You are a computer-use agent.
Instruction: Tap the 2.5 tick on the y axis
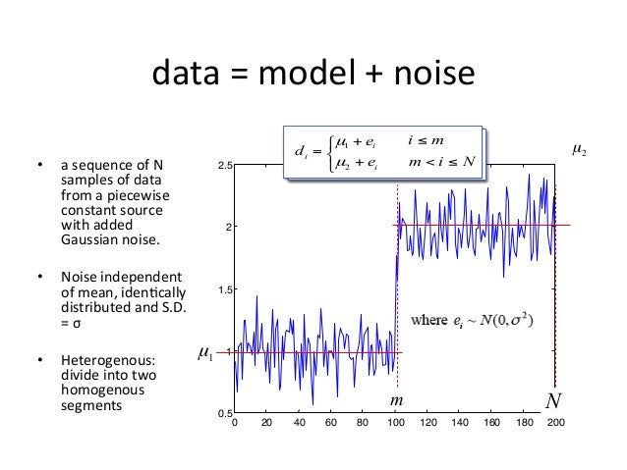coord(224,166)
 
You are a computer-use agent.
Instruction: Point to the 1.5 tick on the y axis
coord(224,289)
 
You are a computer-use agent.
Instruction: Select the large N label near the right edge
coord(555,400)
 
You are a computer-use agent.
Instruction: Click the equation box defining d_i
coord(383,153)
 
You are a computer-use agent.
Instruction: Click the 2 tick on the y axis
coord(228,228)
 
